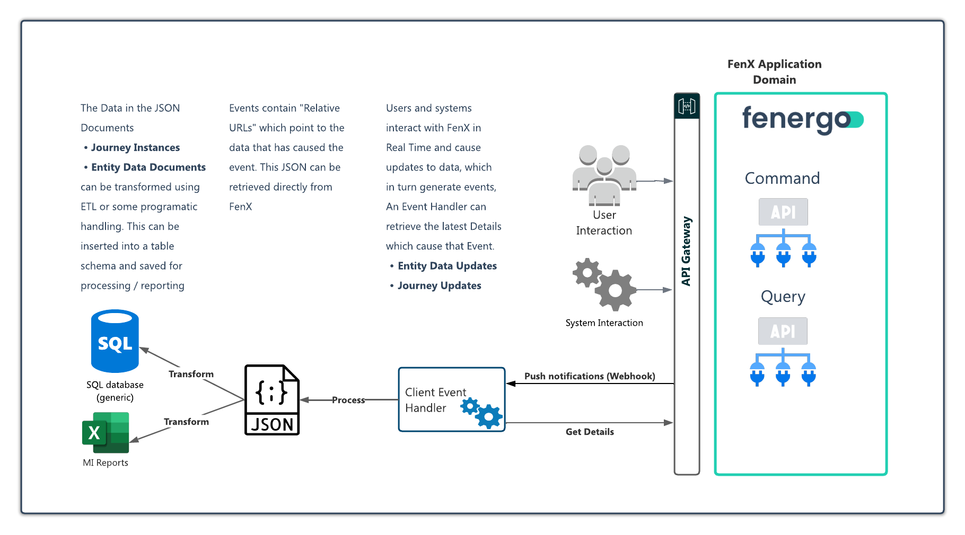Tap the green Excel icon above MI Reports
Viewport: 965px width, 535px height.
106,432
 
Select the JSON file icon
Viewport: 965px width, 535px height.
272,400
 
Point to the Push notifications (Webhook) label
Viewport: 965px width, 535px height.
590,376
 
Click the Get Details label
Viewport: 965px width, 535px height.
590,432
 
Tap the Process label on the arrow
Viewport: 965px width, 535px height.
348,400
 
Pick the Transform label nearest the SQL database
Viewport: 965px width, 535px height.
191,374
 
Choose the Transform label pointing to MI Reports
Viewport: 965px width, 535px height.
186,422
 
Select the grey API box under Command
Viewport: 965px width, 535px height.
783,212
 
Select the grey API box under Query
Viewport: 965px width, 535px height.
783,331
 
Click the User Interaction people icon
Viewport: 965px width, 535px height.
604,175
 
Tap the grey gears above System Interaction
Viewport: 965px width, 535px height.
605,284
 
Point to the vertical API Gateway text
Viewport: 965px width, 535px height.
687,251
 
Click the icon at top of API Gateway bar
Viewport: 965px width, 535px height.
687,106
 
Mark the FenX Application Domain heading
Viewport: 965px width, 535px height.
774,72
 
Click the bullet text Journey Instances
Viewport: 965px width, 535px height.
135,147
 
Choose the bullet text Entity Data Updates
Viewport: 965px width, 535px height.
447,266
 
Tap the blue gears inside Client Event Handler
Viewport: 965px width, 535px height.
481,413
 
